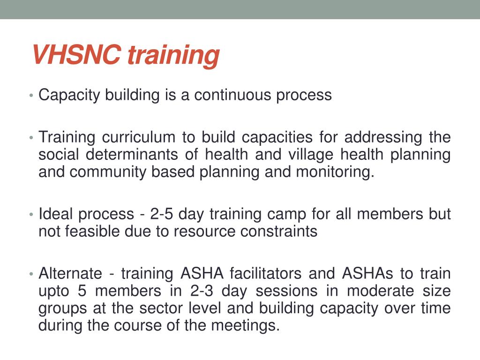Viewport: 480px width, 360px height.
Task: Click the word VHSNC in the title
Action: point(77,55)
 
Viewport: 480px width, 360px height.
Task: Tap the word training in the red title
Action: point(173,56)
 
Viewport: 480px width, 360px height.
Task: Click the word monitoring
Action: point(335,172)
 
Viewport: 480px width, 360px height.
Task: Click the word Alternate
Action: point(70,273)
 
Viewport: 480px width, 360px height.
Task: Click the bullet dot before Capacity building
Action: point(30,96)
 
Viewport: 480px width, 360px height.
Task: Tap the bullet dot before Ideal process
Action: point(30,215)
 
